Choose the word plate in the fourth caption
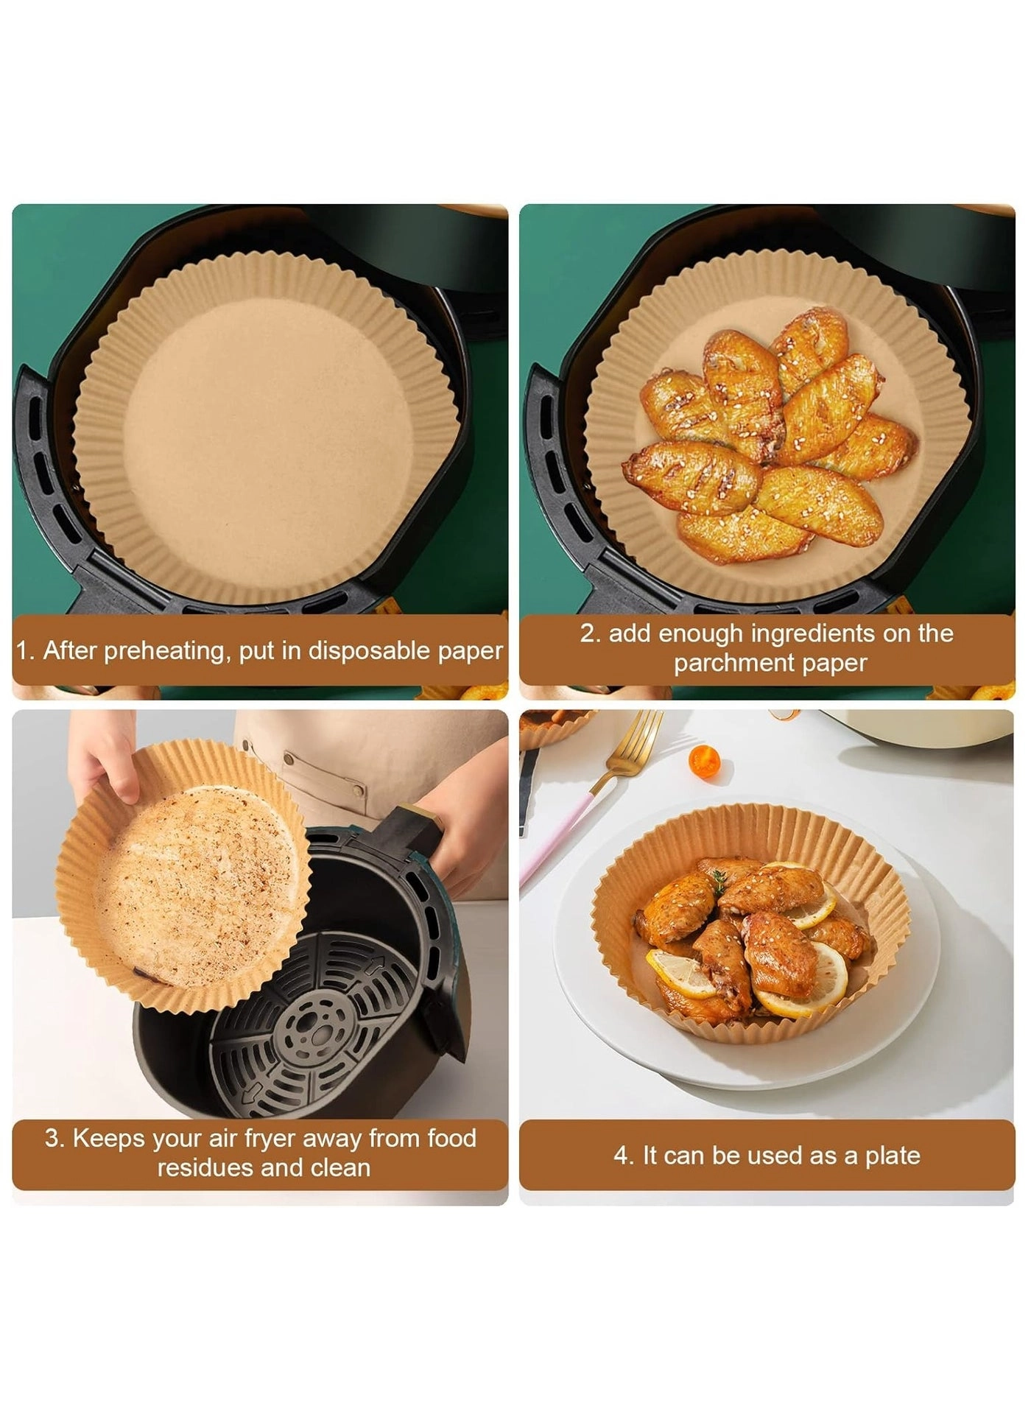click(893, 1156)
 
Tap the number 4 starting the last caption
click(622, 1156)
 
